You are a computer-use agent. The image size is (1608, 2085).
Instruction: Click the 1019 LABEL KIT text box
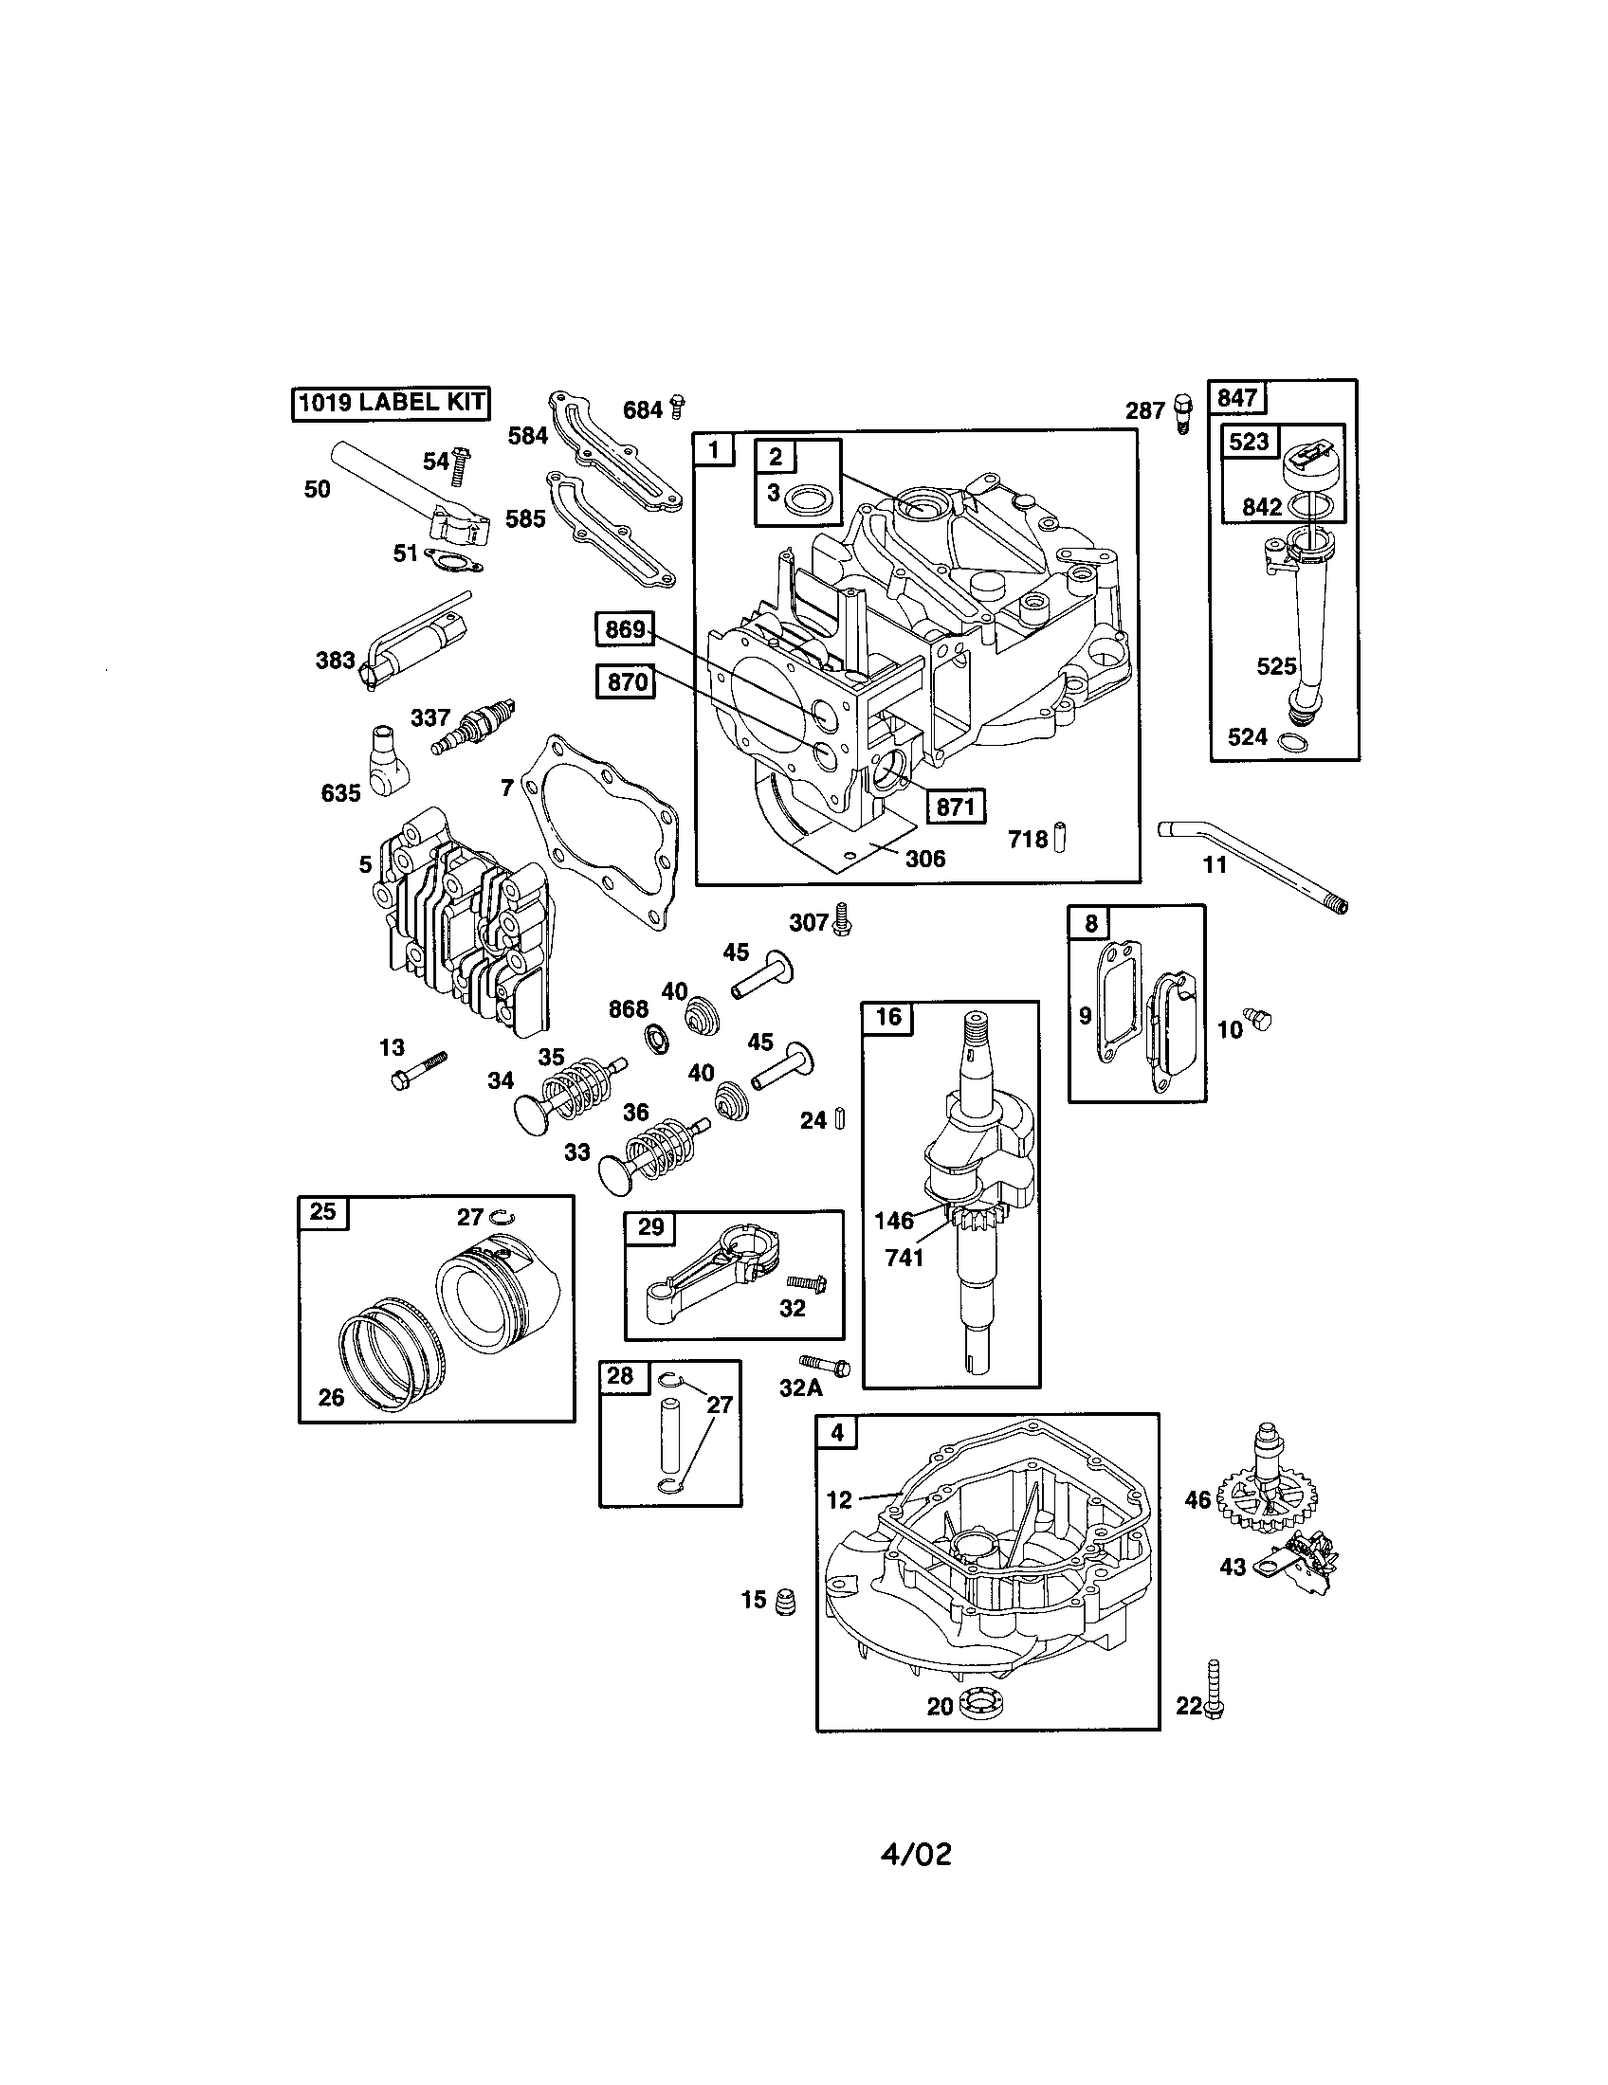point(390,402)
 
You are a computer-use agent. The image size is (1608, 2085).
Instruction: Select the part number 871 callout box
point(955,807)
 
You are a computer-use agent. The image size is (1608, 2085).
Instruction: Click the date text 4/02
point(916,1854)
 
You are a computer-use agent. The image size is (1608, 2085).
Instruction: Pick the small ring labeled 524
point(1293,742)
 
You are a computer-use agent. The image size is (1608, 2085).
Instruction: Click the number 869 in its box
point(627,629)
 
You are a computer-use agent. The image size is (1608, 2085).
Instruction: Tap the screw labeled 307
point(841,918)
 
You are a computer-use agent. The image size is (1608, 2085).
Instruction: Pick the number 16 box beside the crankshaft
point(888,1018)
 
